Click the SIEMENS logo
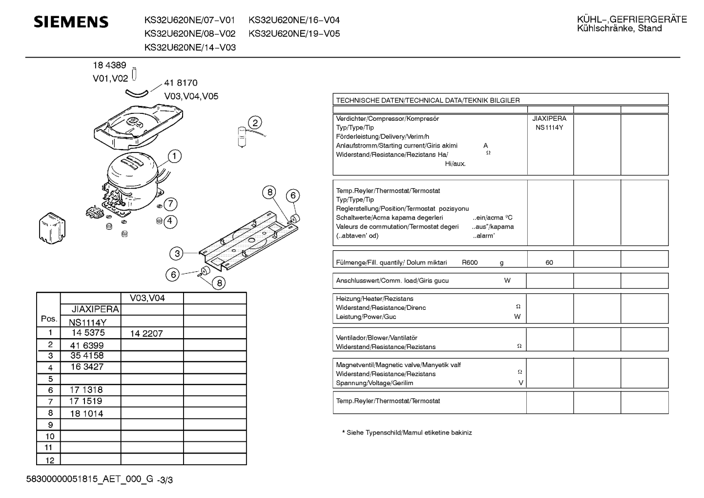point(71,22)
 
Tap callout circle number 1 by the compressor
point(174,156)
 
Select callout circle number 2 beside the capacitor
point(255,123)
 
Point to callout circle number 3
point(177,253)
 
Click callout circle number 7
point(170,204)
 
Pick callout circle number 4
point(170,221)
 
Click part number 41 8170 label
point(181,83)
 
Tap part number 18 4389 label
point(109,65)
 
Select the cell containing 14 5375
point(88,333)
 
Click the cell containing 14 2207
point(146,334)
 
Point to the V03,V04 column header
point(147,298)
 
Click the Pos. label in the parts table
point(49,319)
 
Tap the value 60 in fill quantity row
point(549,262)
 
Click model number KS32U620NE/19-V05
point(294,34)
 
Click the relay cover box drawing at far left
point(52,228)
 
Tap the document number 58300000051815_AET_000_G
point(90,479)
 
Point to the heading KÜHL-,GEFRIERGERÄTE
point(632,20)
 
